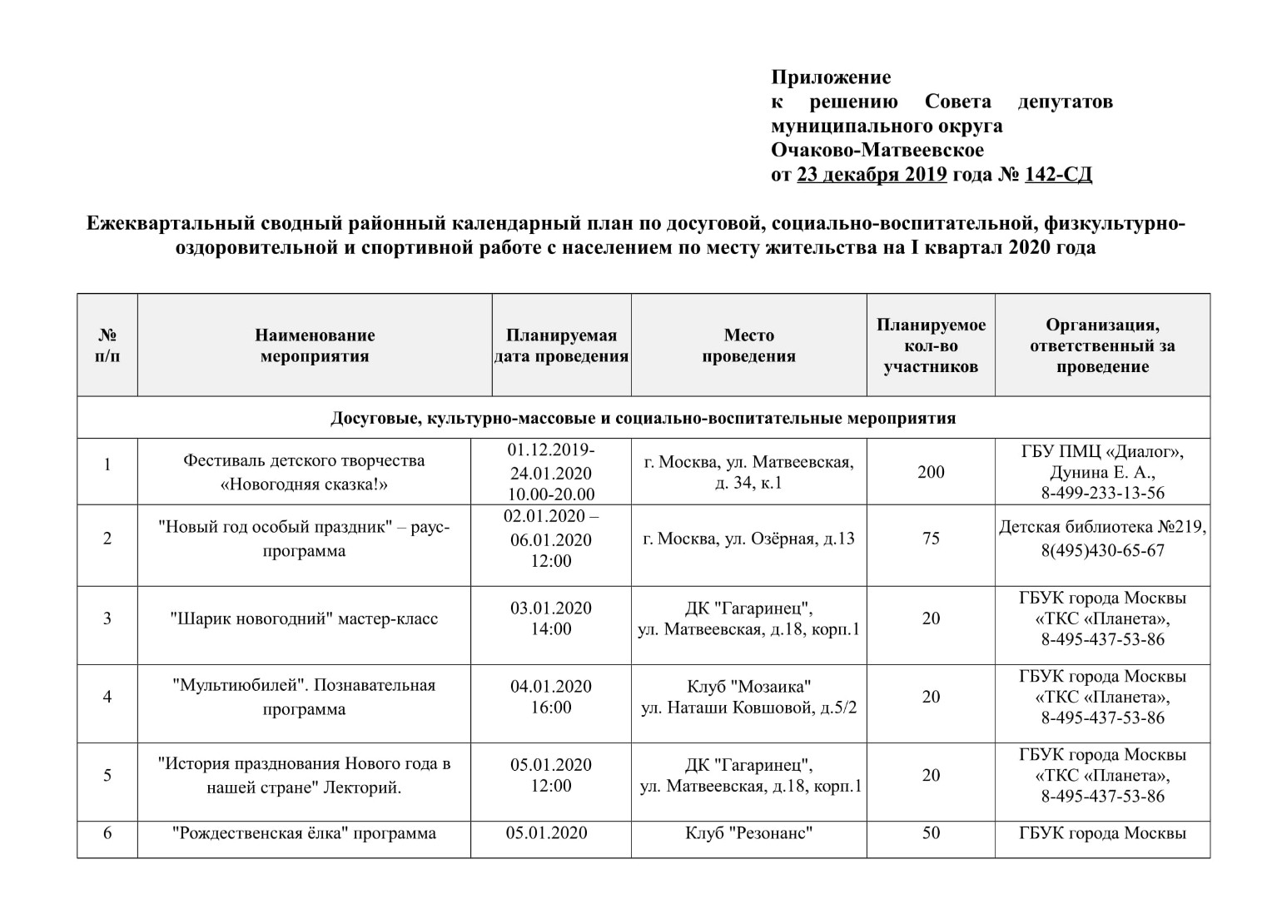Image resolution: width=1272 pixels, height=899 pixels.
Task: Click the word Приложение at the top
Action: click(830, 77)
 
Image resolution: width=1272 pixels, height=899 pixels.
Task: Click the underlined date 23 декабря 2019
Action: click(872, 175)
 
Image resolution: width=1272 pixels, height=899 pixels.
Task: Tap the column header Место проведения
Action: click(748, 345)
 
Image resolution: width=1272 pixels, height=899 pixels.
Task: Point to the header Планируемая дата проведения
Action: click(561, 345)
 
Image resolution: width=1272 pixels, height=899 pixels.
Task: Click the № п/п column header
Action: click(107, 345)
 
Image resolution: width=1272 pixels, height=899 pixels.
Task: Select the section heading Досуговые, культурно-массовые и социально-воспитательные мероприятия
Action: click(643, 418)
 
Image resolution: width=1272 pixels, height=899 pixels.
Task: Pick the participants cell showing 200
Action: click(931, 472)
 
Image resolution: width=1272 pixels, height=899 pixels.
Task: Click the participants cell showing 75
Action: click(931, 539)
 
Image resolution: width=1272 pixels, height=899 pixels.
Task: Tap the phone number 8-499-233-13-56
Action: click(1102, 493)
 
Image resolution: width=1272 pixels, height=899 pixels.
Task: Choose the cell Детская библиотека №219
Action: click(1102, 528)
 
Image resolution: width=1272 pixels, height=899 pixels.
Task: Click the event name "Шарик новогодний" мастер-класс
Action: click(304, 618)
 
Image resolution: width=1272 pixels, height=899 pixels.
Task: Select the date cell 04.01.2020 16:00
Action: click(551, 697)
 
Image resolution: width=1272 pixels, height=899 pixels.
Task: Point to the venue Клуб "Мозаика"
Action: click(748, 687)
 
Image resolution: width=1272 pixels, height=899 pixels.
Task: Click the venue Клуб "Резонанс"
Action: click(748, 833)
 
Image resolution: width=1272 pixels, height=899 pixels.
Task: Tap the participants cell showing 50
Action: click(931, 833)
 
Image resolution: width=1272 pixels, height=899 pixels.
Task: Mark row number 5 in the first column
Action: click(107, 775)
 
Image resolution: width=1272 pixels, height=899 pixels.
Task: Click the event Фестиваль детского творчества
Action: click(304, 461)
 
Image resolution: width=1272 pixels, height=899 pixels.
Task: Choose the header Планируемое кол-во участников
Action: click(931, 345)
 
